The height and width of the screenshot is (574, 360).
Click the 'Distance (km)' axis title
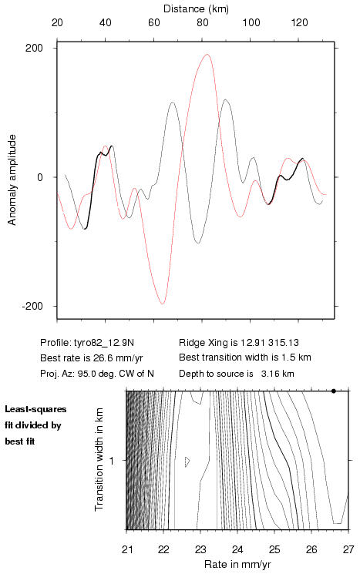(x=196, y=8)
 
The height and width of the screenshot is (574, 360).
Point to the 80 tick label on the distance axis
(x=203, y=22)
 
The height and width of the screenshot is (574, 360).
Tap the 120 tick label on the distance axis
(x=299, y=22)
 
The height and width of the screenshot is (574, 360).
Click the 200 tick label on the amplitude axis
(x=34, y=48)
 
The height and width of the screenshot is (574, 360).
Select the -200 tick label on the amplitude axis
(x=32, y=306)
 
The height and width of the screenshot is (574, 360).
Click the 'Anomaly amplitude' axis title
(x=12, y=180)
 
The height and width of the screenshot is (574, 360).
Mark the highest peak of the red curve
(x=207, y=54)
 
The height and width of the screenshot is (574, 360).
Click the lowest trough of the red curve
(x=162, y=304)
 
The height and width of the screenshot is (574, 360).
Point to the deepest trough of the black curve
(x=198, y=243)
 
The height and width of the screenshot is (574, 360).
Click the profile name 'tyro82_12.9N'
(x=104, y=343)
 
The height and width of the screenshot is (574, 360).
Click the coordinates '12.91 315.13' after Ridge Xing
(x=269, y=343)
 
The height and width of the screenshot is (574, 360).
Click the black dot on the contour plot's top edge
(x=334, y=391)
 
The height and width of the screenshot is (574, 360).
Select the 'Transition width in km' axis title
(x=99, y=460)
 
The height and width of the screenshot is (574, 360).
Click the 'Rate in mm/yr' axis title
(x=237, y=564)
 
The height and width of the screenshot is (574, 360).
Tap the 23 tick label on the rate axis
(x=200, y=549)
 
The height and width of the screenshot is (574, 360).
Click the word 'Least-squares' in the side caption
(x=35, y=409)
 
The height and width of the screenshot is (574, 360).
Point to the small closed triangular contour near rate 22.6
(x=187, y=462)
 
